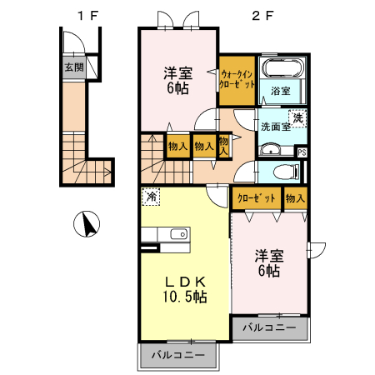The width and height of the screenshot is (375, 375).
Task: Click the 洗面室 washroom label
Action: [x=275, y=127]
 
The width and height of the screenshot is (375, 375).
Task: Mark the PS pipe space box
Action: [x=301, y=152]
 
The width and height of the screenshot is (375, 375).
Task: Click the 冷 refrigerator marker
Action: [x=152, y=197]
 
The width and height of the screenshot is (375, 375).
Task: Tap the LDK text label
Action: [x=184, y=281]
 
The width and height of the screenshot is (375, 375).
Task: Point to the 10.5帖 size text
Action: [x=185, y=297]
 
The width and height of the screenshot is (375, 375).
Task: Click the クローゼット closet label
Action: [x=254, y=198]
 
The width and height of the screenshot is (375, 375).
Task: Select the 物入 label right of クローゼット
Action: [x=295, y=198]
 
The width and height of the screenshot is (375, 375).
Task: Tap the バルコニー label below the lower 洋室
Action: [x=269, y=328]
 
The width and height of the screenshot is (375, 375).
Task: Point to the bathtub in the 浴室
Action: [x=282, y=69]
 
